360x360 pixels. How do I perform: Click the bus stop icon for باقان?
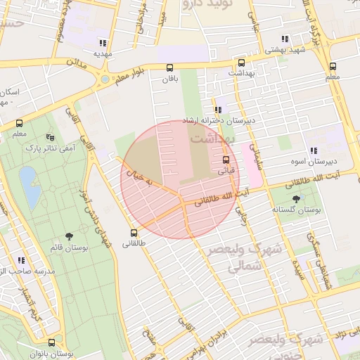click(x=169, y=68)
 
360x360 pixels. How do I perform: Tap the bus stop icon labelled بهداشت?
click(x=241, y=62)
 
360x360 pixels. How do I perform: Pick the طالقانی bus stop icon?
click(x=134, y=233)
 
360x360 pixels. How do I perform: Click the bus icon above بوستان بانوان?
click(x=51, y=342)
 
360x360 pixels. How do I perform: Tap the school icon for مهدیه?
click(x=103, y=42)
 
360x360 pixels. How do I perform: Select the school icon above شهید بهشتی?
click(x=284, y=39)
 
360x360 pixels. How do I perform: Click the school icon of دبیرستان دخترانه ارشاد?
click(x=218, y=110)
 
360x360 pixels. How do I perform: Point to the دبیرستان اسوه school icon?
click(x=313, y=150)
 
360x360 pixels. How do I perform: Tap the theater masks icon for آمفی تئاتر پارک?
click(x=49, y=136)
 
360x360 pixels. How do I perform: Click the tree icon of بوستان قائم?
click(x=68, y=237)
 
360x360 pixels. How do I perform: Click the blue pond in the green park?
click(x=30, y=186)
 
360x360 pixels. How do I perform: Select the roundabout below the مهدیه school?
click(x=105, y=79)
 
